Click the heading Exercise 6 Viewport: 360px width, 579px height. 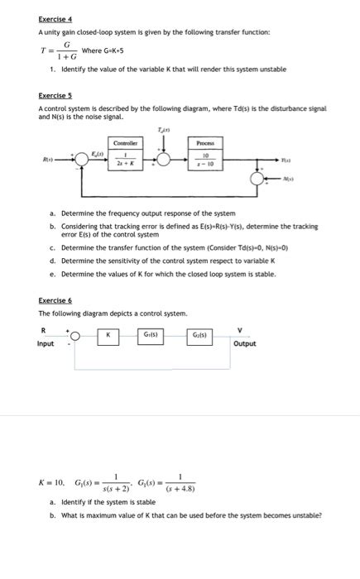click(x=55, y=301)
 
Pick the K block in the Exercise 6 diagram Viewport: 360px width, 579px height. click(x=107, y=335)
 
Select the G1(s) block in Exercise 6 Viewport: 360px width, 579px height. click(x=153, y=335)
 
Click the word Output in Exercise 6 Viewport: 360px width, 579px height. click(x=245, y=343)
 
